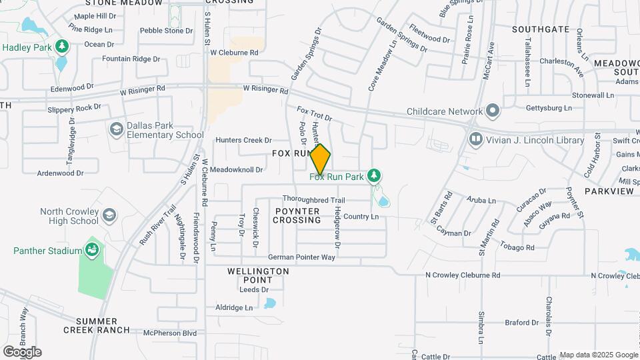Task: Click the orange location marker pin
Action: pos(320,159)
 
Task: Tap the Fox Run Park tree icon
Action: pos(374,176)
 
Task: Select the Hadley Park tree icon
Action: pos(62,46)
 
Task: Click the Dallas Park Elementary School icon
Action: pos(115,128)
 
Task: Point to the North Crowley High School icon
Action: pos(109,215)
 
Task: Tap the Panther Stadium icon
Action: pos(92,251)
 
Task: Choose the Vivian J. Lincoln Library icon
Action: pos(475,140)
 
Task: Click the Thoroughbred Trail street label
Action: pos(313,200)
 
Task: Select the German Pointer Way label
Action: pos(301,257)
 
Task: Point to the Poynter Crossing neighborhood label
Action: pos(297,215)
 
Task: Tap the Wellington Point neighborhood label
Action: pos(258,276)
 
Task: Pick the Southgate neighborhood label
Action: pos(541,29)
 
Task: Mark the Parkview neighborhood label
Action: pos(609,191)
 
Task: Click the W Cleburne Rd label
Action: pos(234,52)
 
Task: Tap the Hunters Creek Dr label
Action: pos(243,140)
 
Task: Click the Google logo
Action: pos(22,351)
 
